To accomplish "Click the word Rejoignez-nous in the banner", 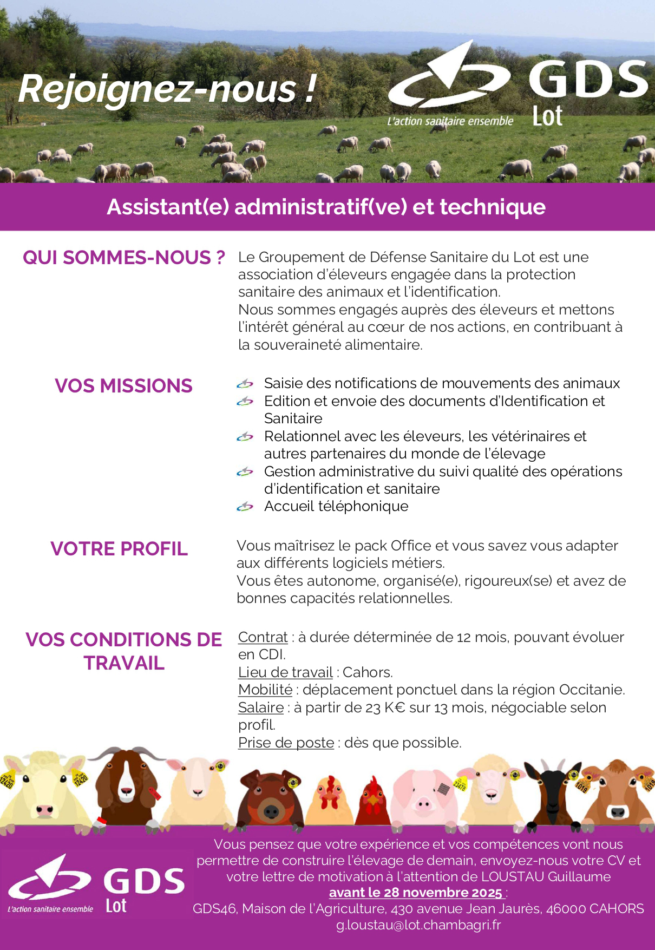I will coord(158,89).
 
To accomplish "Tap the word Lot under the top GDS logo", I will coord(547,116).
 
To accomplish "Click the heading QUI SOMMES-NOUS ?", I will coord(123,258).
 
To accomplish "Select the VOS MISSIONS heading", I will coord(123,386).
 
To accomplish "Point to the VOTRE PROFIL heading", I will coord(119,549).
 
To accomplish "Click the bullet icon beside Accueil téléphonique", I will coord(245,507).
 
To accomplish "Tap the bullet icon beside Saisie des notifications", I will coord(245,384).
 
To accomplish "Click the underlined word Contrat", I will coord(263,637).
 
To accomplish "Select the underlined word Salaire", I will coord(261,707).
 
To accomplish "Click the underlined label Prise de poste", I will coord(286,743).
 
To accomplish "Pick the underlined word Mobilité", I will coord(265,690).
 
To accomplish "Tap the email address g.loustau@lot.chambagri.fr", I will coord(418,925).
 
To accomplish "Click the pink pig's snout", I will coord(423,805).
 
